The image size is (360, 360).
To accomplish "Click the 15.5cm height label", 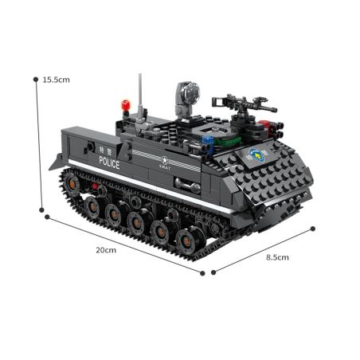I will coord(57,80).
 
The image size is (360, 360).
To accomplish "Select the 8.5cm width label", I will coord(277,257).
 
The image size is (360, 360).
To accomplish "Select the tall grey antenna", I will coord(140,94).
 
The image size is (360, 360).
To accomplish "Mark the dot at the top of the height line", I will coord(36,78).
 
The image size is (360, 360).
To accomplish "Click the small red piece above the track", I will coord(98,190).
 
